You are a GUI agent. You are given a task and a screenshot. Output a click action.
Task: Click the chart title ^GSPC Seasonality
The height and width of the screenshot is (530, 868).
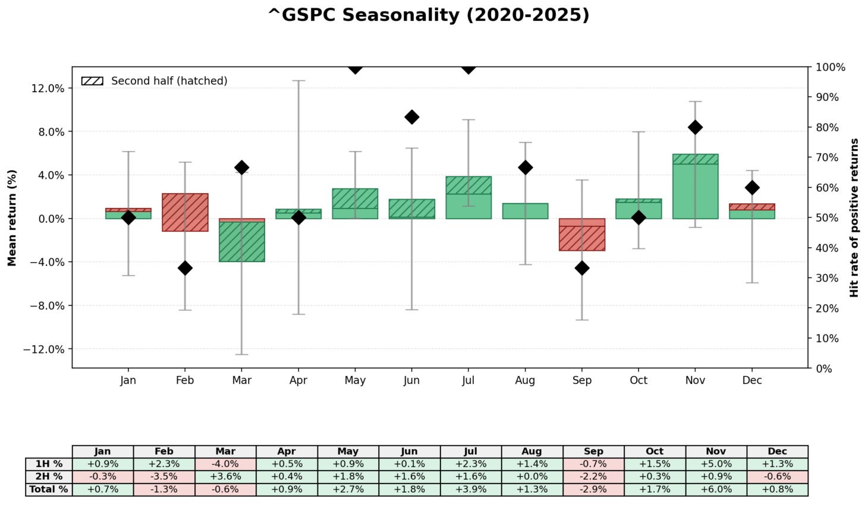coord(429,15)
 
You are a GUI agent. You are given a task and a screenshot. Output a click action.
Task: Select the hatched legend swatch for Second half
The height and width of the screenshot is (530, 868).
coord(92,81)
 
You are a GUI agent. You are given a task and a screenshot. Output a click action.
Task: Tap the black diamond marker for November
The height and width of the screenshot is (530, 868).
coord(695,127)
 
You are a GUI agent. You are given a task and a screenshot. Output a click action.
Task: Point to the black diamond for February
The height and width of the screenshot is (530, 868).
coord(185,268)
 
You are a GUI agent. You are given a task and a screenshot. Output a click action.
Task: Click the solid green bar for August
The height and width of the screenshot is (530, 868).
coord(525,211)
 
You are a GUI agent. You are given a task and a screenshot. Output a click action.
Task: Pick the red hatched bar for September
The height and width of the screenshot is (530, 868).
coord(582,238)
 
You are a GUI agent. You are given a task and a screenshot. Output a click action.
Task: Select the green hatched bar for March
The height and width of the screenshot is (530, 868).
coord(241,241)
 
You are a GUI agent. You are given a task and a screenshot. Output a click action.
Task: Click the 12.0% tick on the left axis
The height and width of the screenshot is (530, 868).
coord(48,89)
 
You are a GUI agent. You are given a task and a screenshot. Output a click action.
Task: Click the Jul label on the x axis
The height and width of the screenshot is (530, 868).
coord(468,380)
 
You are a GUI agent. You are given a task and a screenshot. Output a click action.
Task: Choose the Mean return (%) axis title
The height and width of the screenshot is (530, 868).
coord(12,217)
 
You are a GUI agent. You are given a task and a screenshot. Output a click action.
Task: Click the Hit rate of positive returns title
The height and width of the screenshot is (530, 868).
coord(854,217)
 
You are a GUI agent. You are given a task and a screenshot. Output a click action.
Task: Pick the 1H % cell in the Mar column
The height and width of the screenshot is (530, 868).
coord(225,464)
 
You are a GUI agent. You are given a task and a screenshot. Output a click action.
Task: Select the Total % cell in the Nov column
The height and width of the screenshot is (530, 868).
coord(716,490)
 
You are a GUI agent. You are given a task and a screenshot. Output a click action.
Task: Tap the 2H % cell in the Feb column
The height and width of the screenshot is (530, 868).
coord(164,477)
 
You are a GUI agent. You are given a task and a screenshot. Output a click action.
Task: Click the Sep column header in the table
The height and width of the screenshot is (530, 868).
coord(593,452)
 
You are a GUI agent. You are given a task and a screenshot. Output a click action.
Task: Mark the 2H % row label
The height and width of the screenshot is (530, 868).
coord(49,477)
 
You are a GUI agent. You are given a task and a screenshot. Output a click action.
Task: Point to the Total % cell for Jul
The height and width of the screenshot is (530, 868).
coord(470,490)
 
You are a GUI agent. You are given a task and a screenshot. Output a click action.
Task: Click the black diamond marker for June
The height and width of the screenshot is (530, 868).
coord(411,117)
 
